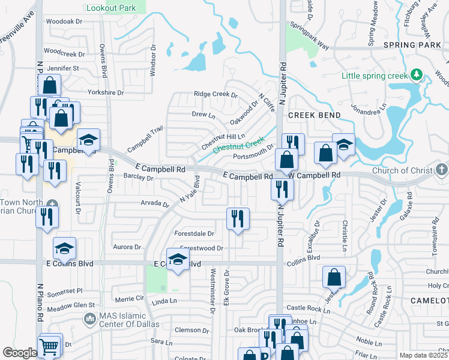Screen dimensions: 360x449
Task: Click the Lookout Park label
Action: [116, 8]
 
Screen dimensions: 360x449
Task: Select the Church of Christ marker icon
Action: [442, 169]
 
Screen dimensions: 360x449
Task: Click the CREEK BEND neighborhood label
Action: [314, 115]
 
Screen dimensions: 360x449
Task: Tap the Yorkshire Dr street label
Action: [105, 93]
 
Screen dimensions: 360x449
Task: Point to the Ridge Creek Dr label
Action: [215, 95]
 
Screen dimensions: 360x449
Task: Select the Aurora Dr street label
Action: [127, 247]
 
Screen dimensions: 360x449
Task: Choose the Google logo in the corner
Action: [19, 353]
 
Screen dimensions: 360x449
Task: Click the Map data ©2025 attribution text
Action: [424, 355]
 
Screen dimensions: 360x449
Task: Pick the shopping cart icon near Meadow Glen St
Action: [49, 346]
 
